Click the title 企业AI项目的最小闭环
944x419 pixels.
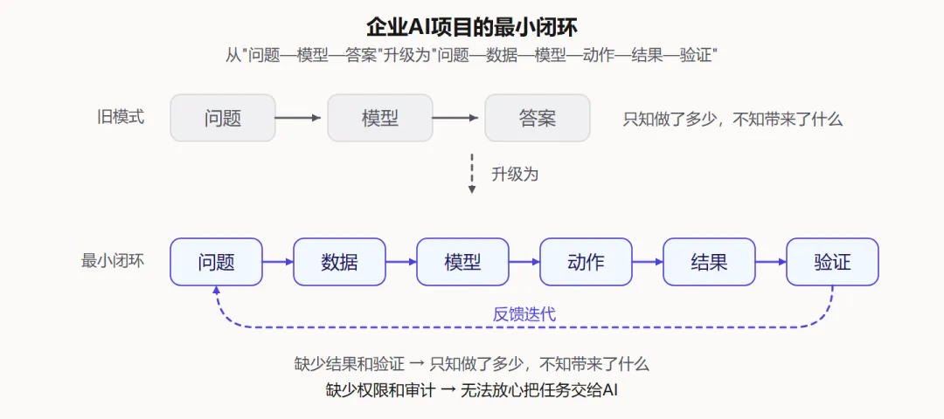tap(472, 27)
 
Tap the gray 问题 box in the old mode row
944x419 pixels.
tap(223, 118)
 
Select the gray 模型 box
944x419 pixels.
tap(380, 118)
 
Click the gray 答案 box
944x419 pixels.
tap(538, 118)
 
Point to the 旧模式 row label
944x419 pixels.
tap(121, 117)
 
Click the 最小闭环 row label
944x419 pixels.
tap(113, 262)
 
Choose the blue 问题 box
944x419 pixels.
tap(216, 262)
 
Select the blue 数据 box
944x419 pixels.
tap(339, 262)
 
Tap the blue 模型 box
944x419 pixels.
tap(462, 262)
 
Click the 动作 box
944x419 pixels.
tap(586, 262)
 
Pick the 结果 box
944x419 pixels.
tap(709, 262)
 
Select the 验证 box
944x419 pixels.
tap(833, 262)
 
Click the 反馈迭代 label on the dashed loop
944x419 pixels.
tap(524, 313)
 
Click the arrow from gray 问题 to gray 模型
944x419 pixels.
tap(302, 118)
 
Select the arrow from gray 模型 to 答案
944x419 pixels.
tap(459, 118)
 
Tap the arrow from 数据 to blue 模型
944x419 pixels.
tap(401, 262)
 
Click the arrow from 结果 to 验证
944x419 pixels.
tap(771, 262)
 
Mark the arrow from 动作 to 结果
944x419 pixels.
tap(647, 262)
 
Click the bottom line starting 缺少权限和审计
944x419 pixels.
tap(472, 391)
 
